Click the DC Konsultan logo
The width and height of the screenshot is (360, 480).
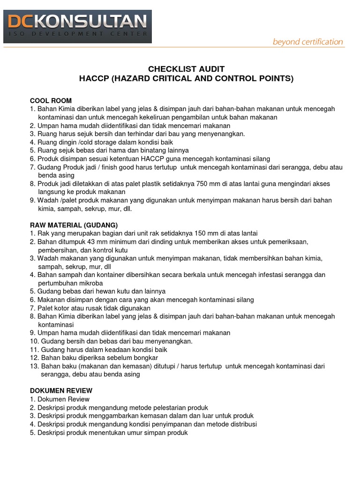click(x=77, y=26)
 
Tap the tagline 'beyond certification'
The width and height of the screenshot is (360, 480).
click(x=308, y=42)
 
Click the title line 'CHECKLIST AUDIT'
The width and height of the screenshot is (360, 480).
click(x=186, y=69)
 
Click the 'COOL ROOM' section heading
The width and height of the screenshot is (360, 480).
click(x=51, y=100)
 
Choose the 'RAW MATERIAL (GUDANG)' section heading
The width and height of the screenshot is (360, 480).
click(x=74, y=225)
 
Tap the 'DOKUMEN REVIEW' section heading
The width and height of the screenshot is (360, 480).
click(x=61, y=390)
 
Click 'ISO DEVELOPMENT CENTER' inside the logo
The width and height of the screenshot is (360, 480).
click(x=77, y=34)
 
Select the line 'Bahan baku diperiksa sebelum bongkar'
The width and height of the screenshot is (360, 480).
click(x=96, y=358)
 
